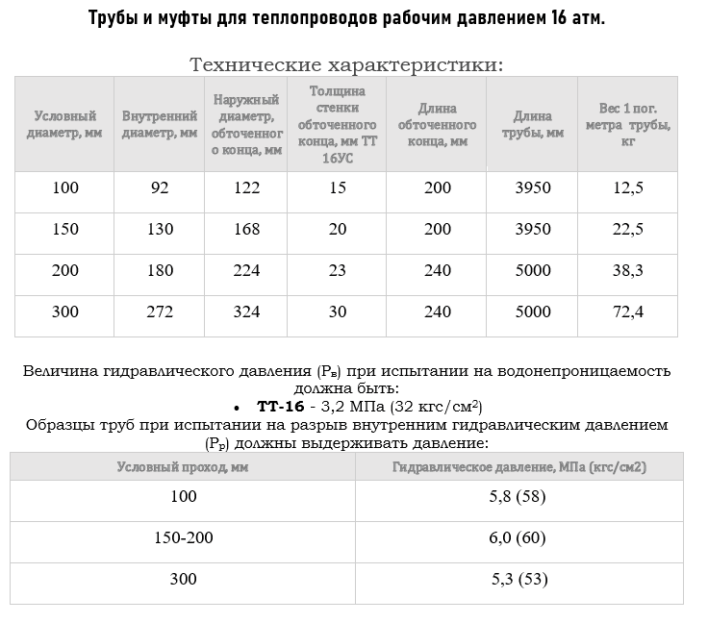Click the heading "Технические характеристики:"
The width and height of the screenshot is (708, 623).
click(346, 65)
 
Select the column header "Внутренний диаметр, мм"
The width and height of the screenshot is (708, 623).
click(160, 124)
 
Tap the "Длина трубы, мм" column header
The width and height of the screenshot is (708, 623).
click(532, 124)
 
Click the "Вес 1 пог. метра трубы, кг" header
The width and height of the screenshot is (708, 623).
click(628, 124)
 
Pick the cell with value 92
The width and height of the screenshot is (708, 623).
click(160, 187)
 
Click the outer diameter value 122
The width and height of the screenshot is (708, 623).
click(246, 187)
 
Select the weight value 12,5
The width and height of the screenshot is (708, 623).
click(628, 187)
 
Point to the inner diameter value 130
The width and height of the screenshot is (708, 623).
click(160, 229)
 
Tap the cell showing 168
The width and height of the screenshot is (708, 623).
click(246, 229)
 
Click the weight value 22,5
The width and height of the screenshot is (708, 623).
click(628, 229)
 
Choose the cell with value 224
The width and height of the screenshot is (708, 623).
click(246, 270)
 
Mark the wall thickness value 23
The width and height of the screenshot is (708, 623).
click(337, 270)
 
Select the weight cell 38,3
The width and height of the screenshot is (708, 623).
click(628, 270)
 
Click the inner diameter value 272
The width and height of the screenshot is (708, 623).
click(160, 311)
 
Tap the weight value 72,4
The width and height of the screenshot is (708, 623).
click(628, 311)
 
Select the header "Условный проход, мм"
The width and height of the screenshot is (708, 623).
click(182, 467)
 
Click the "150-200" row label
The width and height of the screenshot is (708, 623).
click(184, 537)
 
